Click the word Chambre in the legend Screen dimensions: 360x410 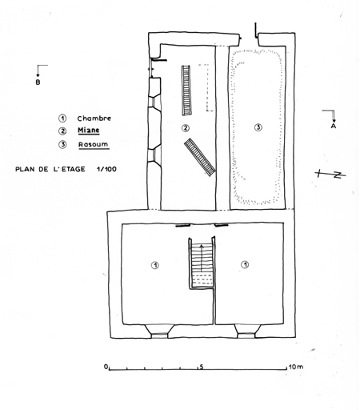click(x=94, y=119)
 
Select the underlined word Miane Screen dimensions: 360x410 click(x=89, y=131)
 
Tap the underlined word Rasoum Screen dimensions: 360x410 click(x=94, y=144)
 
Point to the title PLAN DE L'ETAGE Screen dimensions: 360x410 click(x=50, y=169)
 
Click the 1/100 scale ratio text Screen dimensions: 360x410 click(x=106, y=169)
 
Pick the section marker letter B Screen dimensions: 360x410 click(x=38, y=82)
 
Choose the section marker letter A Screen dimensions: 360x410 click(x=334, y=126)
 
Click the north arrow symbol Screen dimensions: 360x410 click(x=330, y=175)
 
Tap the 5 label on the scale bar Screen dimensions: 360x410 click(x=202, y=367)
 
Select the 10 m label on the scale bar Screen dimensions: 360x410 click(x=296, y=367)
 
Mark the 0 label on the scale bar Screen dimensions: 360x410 click(x=106, y=367)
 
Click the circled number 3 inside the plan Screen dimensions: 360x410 click(x=258, y=127)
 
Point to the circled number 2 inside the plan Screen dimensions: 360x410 click(x=186, y=128)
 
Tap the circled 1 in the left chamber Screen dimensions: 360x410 click(x=155, y=265)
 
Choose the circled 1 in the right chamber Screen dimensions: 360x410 click(x=245, y=264)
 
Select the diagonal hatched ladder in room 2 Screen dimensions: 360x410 click(x=200, y=157)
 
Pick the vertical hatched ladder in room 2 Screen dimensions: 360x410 click(x=186, y=90)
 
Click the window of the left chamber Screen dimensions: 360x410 click(x=159, y=332)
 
